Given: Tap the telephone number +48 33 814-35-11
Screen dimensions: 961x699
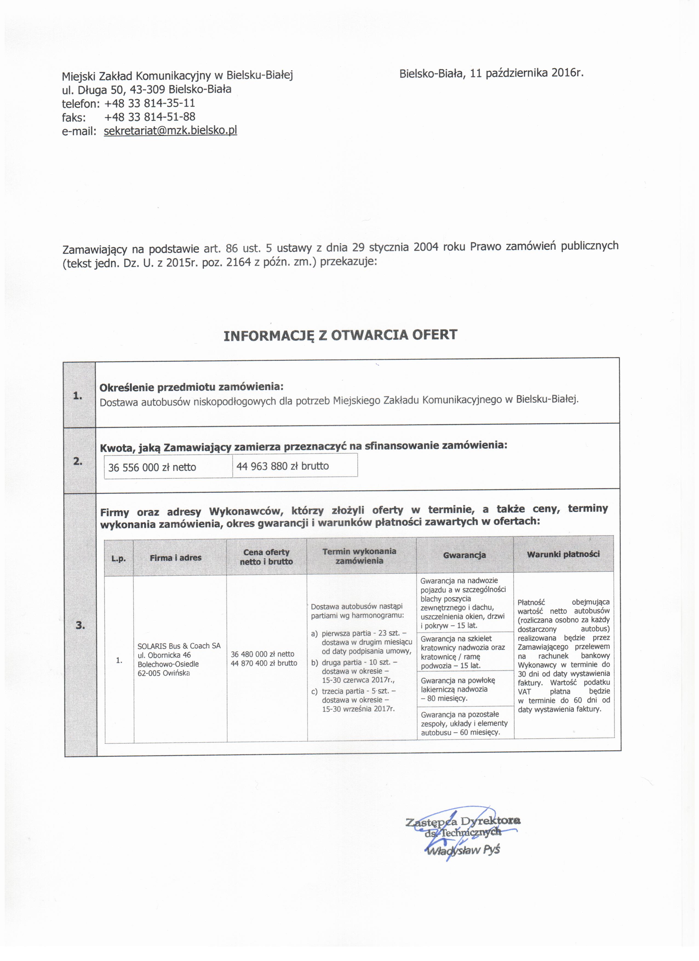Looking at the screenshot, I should pyautogui.click(x=149, y=103).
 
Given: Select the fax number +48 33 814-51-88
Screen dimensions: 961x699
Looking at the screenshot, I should pyautogui.click(x=149, y=117).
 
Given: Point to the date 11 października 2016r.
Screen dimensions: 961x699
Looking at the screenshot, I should pyautogui.click(x=527, y=73).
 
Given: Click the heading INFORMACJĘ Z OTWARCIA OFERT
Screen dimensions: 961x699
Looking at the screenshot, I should pyautogui.click(x=340, y=336).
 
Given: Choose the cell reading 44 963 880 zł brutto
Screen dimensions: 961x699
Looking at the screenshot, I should pyautogui.click(x=282, y=466).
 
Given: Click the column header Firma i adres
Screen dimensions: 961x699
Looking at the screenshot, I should pyautogui.click(x=176, y=558).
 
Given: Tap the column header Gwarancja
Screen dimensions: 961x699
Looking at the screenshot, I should pyautogui.click(x=465, y=555).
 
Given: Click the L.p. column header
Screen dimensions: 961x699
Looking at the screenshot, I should pyautogui.click(x=119, y=559).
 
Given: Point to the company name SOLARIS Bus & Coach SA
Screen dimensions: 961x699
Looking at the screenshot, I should pyautogui.click(x=179, y=646).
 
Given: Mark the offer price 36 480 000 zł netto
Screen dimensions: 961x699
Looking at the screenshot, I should pyautogui.click(x=262, y=654).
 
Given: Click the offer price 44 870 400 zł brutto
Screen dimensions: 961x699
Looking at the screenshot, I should pyautogui.click(x=264, y=663).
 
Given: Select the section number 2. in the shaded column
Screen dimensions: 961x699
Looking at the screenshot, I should pyautogui.click(x=78, y=461).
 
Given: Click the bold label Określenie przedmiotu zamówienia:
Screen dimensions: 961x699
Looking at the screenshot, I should pyautogui.click(x=191, y=387).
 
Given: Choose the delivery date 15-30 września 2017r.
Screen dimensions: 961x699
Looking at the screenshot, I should pyautogui.click(x=358, y=709).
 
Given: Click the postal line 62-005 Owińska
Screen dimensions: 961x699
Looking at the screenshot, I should pyautogui.click(x=164, y=673).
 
